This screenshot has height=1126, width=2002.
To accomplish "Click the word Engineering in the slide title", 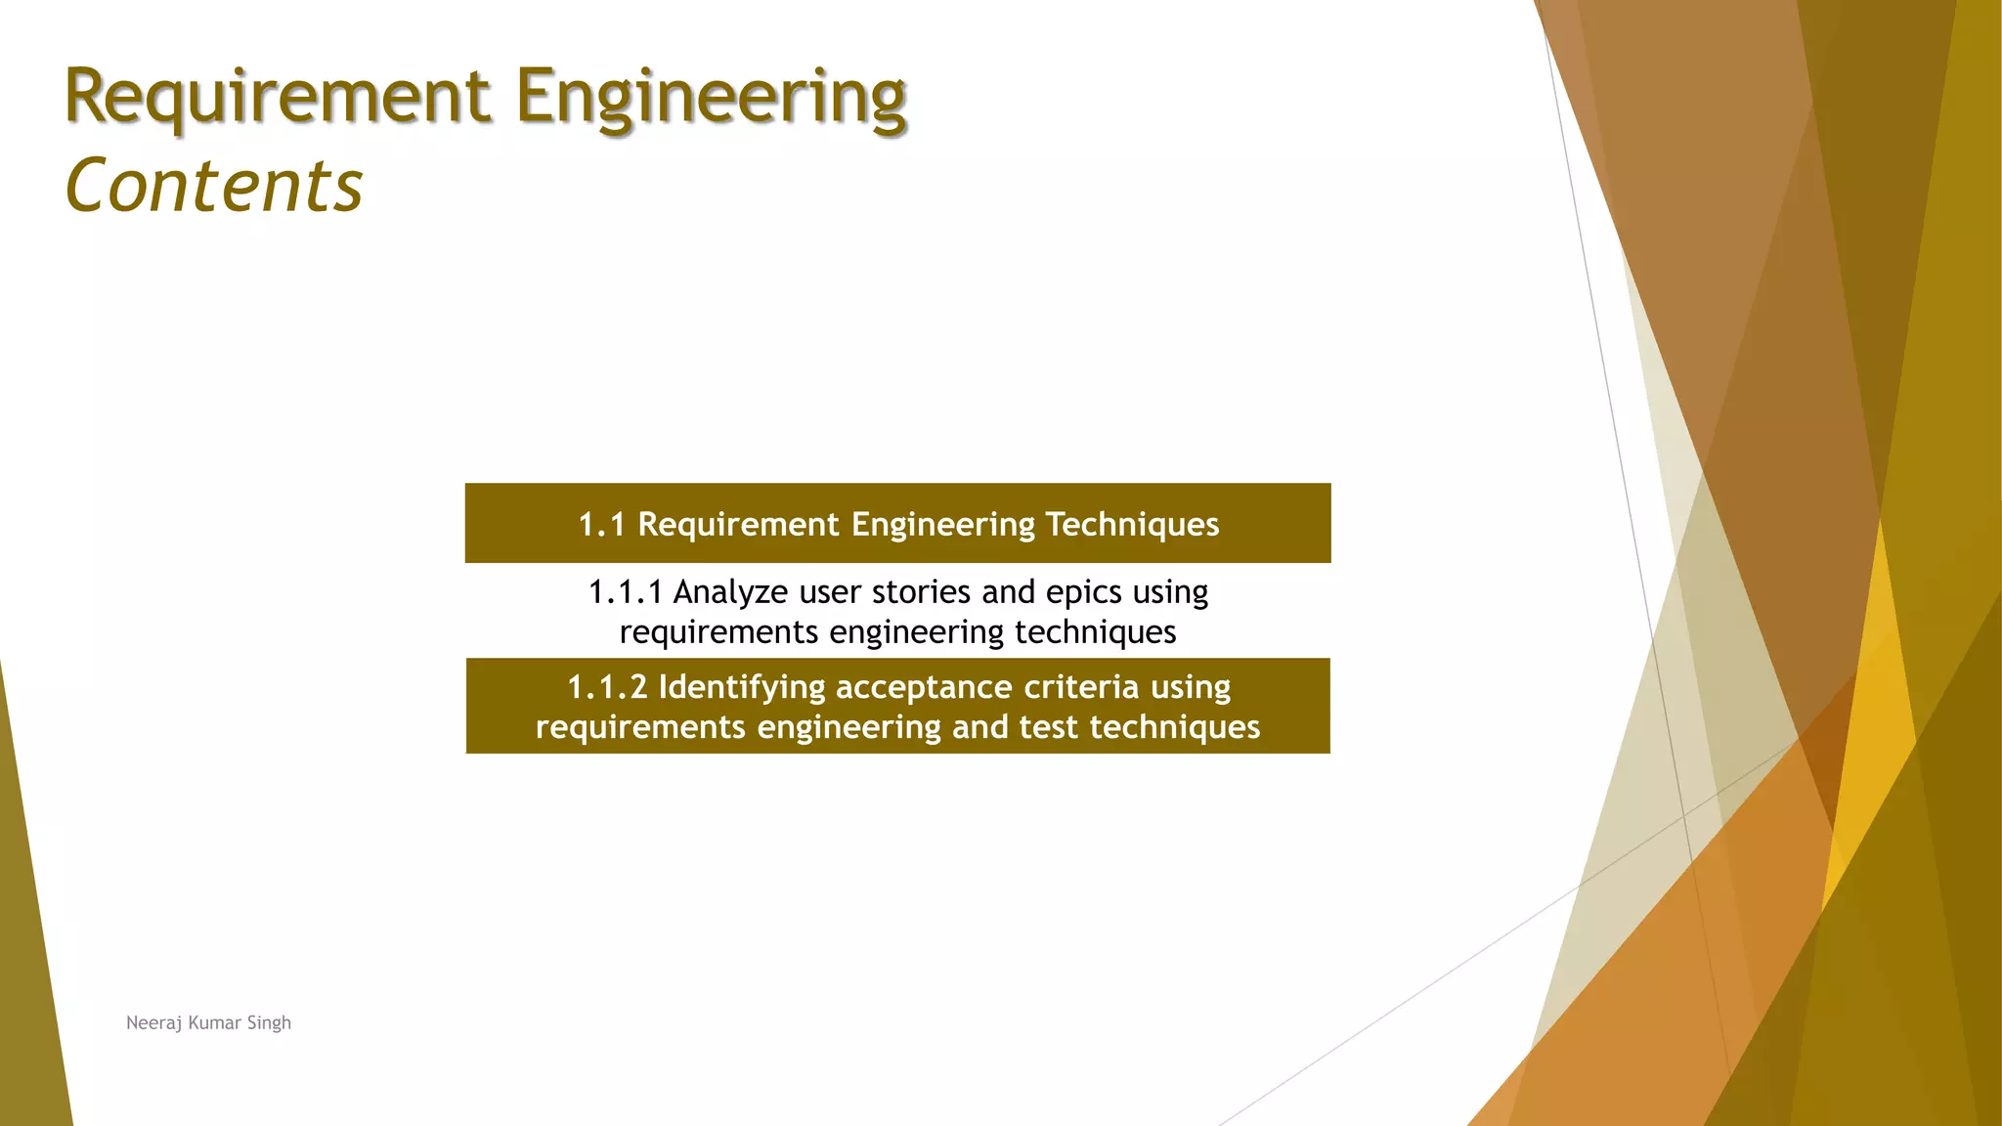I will click(x=711, y=99).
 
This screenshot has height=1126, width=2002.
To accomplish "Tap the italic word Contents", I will click(x=214, y=186).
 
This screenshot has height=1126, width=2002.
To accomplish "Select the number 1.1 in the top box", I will click(x=601, y=525).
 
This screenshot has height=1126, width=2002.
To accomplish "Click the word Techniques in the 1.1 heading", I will click(x=1132, y=525).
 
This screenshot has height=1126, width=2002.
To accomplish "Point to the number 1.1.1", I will click(x=625, y=592).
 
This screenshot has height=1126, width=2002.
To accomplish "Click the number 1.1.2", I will click(x=607, y=687).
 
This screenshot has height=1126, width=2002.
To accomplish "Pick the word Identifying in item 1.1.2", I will click(x=742, y=687).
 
